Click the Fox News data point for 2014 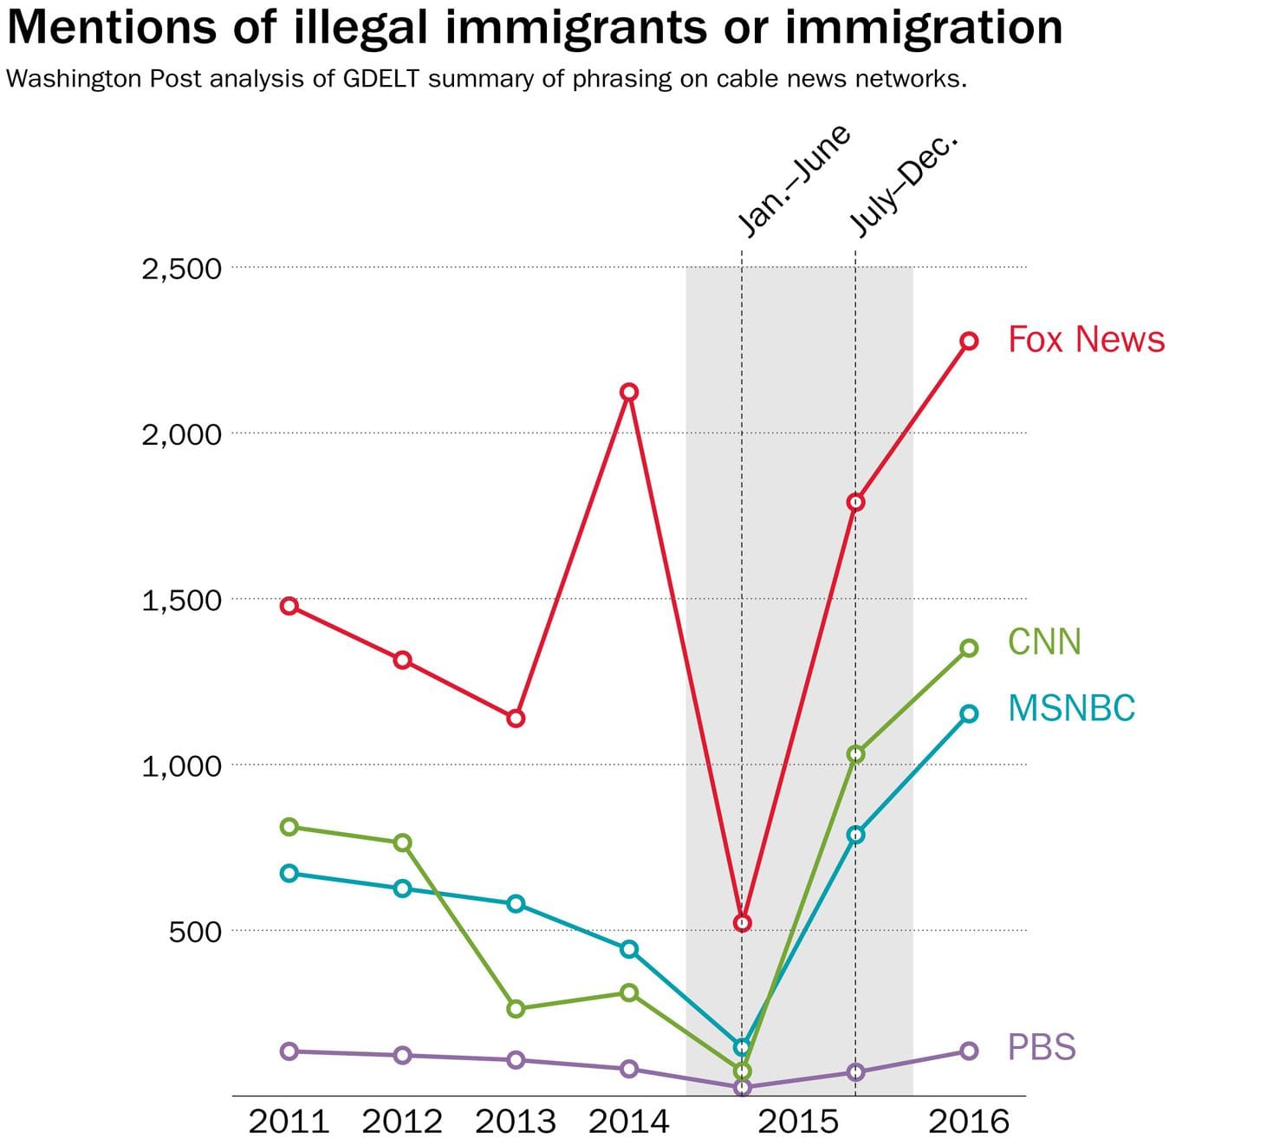click(630, 392)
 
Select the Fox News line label click(1086, 339)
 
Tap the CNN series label click(1044, 642)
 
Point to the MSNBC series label click(1071, 708)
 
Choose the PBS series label click(1041, 1047)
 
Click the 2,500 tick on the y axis click(182, 269)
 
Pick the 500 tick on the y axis click(195, 932)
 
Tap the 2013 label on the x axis click(516, 1122)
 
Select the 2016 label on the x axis click(969, 1122)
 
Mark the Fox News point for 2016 click(969, 342)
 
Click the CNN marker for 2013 click(516, 1008)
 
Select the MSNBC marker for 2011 click(289, 873)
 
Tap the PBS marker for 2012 click(402, 1055)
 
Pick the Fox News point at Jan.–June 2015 click(742, 923)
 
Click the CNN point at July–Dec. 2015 click(855, 754)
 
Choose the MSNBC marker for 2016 click(969, 713)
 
